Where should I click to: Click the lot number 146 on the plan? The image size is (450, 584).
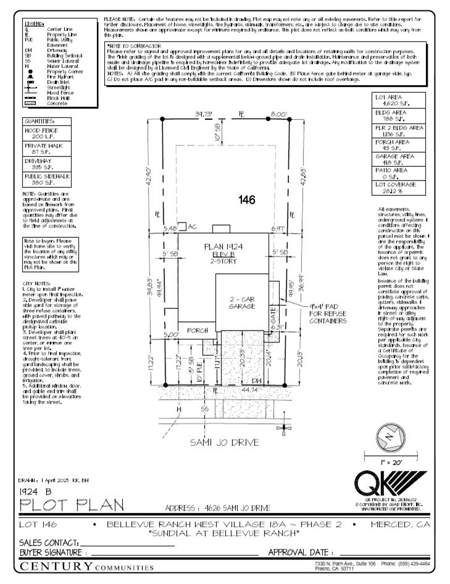[248, 199]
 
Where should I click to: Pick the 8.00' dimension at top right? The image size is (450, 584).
[278, 114]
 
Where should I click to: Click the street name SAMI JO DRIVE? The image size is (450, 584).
[225, 442]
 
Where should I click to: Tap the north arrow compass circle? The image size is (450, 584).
[389, 436]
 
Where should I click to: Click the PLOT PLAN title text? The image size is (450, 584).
[63, 505]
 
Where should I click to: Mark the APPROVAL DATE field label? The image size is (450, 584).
[301, 551]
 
